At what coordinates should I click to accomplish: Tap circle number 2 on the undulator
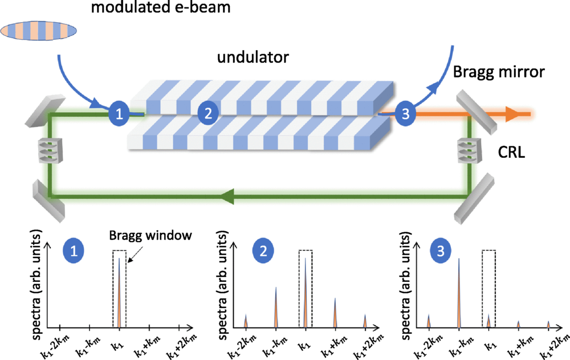pos(209,113)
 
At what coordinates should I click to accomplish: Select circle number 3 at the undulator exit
pos(405,113)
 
